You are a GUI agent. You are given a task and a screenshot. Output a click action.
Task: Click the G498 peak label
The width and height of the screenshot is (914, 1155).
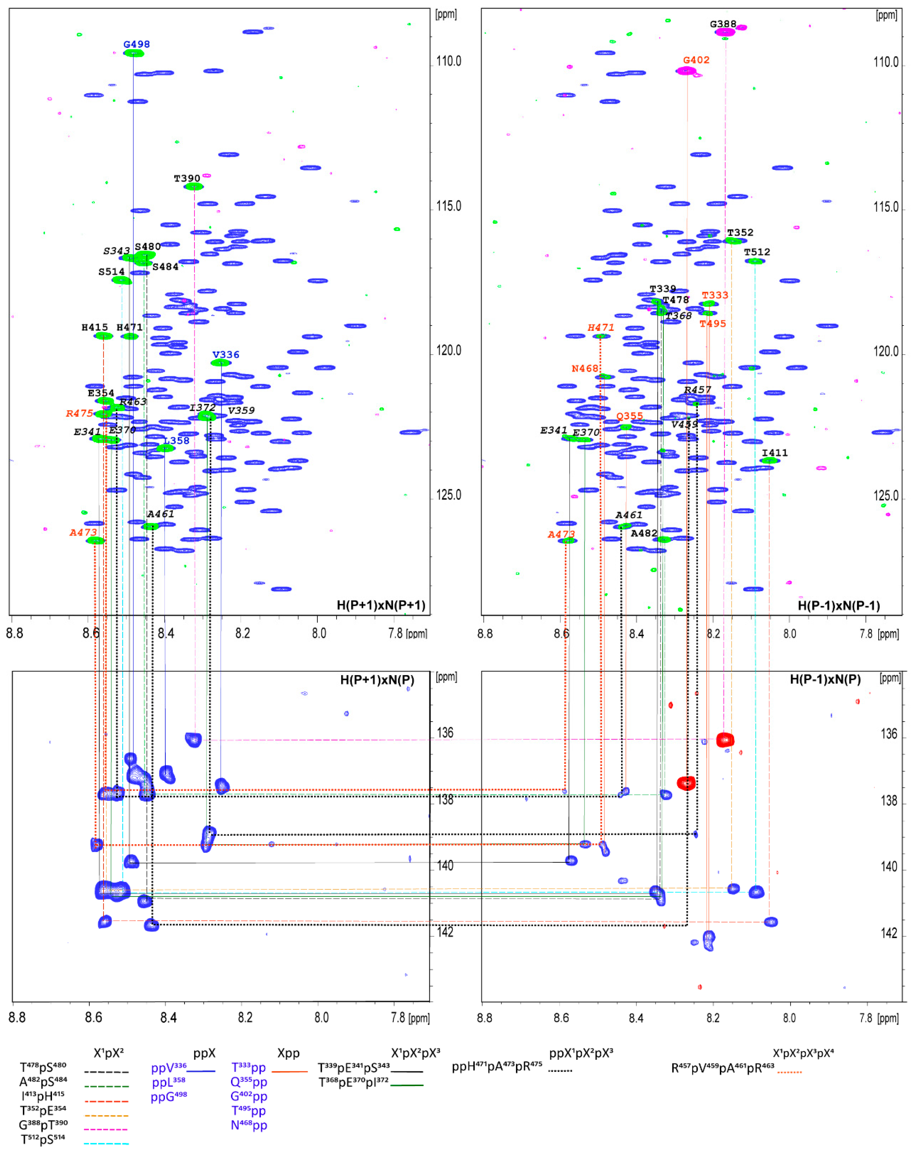136,44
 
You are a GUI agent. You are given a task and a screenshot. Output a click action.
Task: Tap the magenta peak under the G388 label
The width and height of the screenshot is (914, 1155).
725,32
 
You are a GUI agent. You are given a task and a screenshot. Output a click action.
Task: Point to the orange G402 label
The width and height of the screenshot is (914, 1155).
696,60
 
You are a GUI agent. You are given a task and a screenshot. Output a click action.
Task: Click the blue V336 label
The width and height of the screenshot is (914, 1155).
226,355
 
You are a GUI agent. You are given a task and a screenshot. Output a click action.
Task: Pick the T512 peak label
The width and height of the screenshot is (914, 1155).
757,252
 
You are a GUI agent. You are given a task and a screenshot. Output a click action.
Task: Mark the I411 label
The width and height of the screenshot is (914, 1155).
774,453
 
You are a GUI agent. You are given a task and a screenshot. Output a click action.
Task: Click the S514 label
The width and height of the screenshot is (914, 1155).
111,272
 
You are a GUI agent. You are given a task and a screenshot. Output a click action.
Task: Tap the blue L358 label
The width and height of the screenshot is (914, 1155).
177,440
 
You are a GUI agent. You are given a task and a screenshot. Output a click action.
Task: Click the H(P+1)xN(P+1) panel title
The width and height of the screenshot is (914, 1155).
380,605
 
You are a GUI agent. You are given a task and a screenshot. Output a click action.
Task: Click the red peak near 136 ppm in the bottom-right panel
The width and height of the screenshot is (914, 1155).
725,740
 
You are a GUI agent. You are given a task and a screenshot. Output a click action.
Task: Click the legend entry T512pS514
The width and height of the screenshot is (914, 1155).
43,1139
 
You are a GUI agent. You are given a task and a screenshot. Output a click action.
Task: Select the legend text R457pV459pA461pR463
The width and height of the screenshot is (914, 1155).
723,1068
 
